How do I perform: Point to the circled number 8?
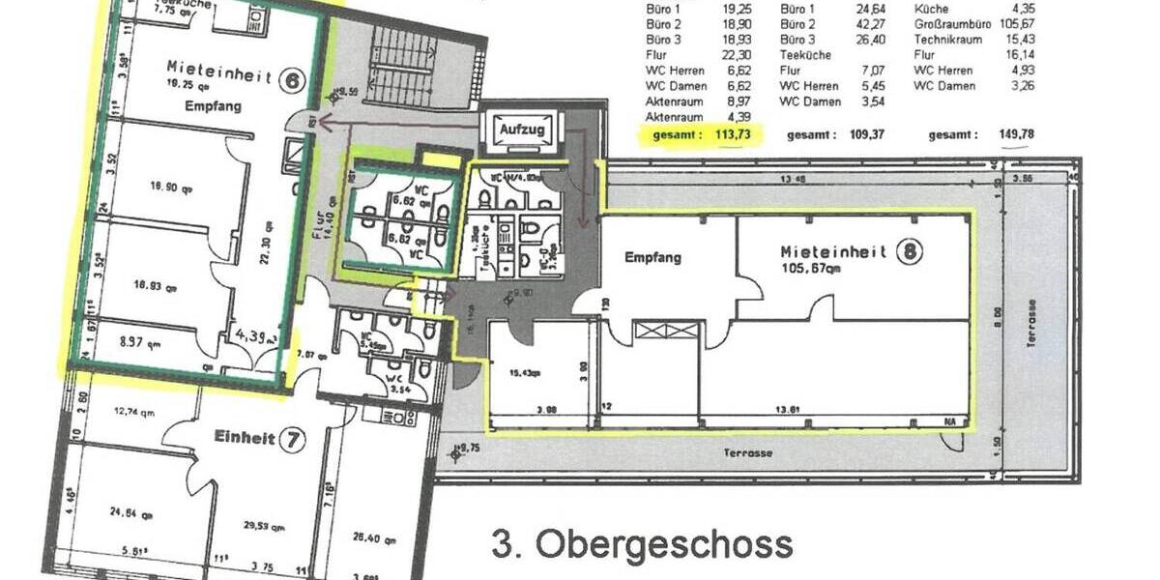(909, 253)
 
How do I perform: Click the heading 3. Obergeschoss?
(642, 545)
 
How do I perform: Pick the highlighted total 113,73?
(732, 134)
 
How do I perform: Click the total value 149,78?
(1014, 134)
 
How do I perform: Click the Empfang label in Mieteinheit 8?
(653, 257)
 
